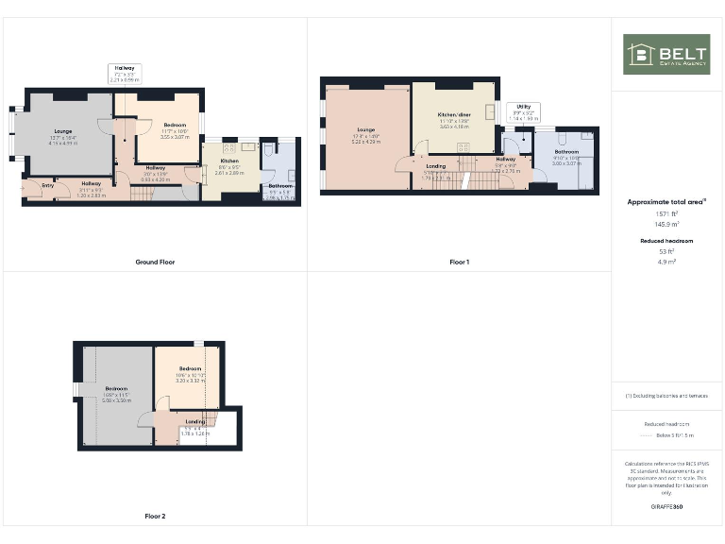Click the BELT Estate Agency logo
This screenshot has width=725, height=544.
(666, 54)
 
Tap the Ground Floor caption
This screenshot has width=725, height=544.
(155, 262)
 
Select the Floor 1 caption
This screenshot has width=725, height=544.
(459, 262)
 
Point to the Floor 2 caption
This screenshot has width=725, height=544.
(155, 517)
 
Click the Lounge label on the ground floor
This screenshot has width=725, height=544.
(64, 132)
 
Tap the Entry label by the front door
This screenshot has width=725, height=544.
(47, 186)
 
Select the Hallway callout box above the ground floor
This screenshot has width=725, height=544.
(125, 74)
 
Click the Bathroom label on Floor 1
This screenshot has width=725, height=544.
(566, 152)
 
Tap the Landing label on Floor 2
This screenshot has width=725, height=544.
(195, 421)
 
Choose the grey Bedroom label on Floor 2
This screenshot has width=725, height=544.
(116, 389)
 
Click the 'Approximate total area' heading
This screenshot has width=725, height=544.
(666, 201)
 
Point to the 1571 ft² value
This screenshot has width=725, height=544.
(666, 213)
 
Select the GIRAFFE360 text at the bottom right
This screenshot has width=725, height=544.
(666, 507)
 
